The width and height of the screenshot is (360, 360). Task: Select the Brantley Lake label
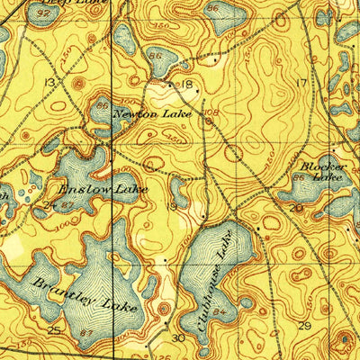coord(85,294)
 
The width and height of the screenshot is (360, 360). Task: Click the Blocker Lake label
coord(321,172)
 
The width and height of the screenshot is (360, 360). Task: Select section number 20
coord(296,208)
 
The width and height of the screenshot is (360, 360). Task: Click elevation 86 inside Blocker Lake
coord(298,180)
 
